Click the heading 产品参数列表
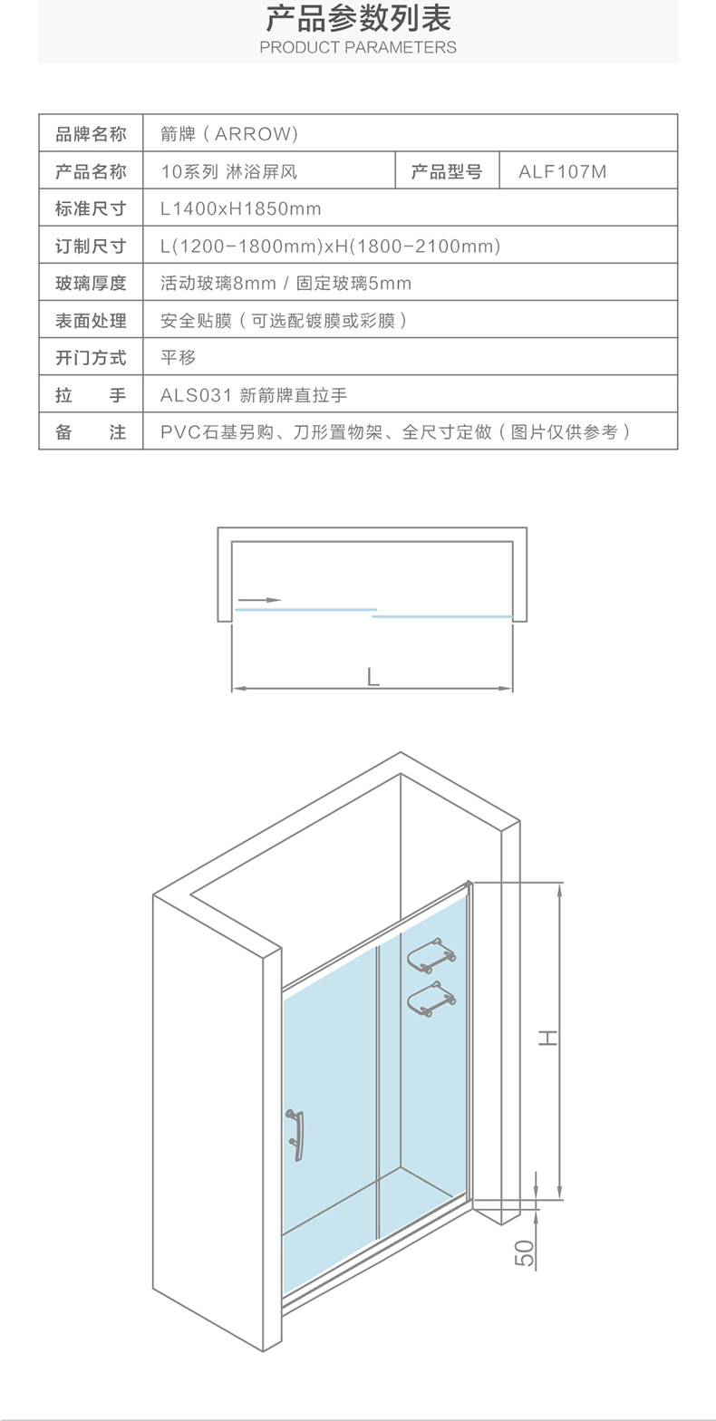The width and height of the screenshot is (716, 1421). pos(358,18)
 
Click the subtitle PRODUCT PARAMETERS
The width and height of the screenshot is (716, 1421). pos(358,47)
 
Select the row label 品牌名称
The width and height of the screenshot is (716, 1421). pos(91,134)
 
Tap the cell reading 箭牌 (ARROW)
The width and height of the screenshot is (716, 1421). pos(229,134)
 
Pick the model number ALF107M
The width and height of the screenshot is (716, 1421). pos(563,171)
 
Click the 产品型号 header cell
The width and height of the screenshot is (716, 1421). pos(447,171)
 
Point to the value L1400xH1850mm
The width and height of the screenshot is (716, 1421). pos(241,208)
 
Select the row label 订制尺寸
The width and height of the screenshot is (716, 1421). pos(91,246)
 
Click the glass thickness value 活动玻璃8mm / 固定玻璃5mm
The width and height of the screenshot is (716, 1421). pos(286,283)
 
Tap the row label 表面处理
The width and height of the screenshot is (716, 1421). pos(91,321)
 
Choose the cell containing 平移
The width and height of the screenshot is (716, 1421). pos(179,358)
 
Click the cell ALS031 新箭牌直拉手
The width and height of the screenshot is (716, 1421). pos(254,395)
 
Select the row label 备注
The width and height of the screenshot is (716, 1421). pos(91,432)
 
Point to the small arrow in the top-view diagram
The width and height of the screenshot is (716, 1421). pos(258,600)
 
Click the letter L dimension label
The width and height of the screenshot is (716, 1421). pos(373,677)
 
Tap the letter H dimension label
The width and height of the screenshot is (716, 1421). pos(548,1038)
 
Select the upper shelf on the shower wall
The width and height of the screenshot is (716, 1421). pos(431,956)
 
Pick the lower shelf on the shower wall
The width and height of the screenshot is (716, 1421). pos(431,999)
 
